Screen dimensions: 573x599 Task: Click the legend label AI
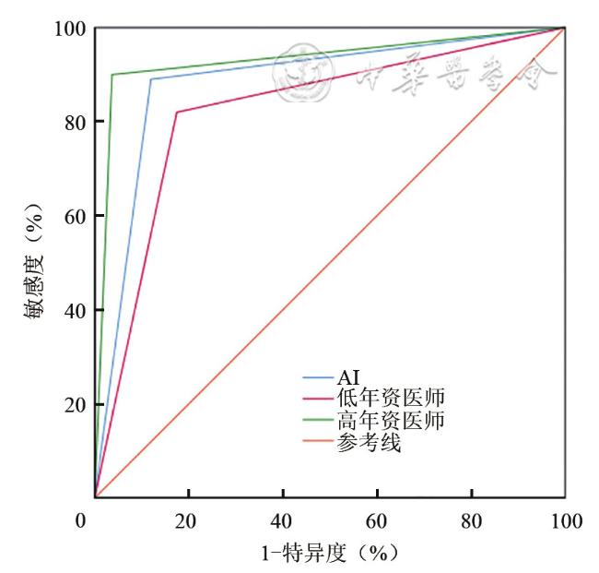point(348,378)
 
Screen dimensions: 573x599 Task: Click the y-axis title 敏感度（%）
point(34,263)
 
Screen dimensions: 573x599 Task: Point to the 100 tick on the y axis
point(74,29)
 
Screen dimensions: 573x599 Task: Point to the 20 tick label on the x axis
point(188,521)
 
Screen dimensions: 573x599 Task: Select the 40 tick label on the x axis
point(282,521)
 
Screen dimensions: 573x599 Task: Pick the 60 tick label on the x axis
point(377,521)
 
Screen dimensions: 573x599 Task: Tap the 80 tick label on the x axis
point(471,521)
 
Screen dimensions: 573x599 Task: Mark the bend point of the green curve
point(112,75)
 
